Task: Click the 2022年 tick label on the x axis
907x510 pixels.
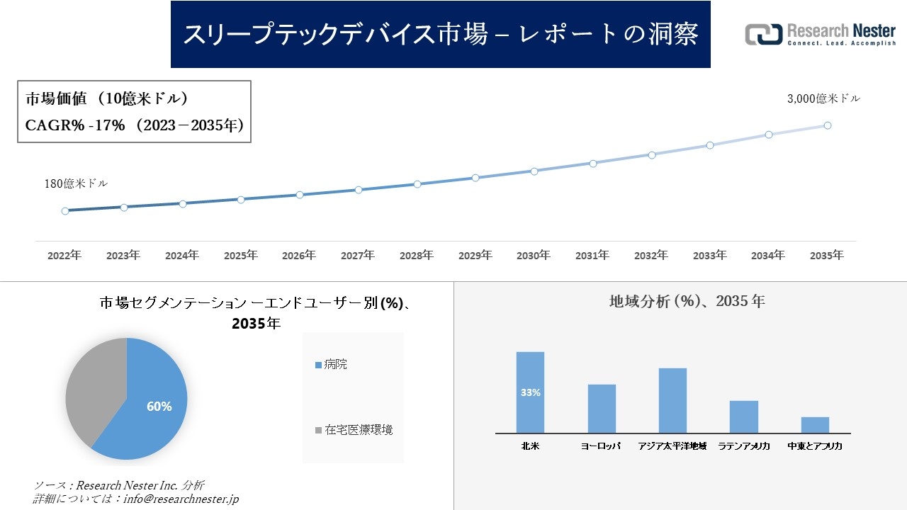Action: click(64, 256)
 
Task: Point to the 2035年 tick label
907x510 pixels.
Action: click(826, 256)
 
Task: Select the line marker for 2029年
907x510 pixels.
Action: click(475, 178)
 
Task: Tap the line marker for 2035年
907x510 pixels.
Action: click(827, 125)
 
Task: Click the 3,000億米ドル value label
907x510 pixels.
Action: click(823, 99)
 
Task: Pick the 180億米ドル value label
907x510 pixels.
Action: click(76, 184)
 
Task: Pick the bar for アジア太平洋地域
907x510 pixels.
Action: click(672, 400)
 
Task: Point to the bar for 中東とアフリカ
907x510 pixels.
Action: click(815, 424)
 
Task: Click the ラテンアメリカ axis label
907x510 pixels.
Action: click(744, 446)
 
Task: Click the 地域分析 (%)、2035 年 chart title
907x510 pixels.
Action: click(687, 301)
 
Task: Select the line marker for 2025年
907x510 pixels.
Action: click(241, 200)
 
